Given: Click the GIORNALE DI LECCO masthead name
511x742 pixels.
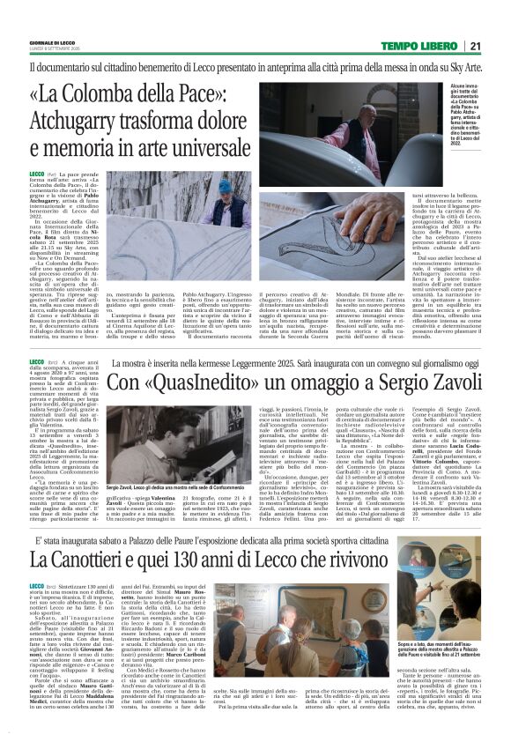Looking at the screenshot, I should pos(49,42).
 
